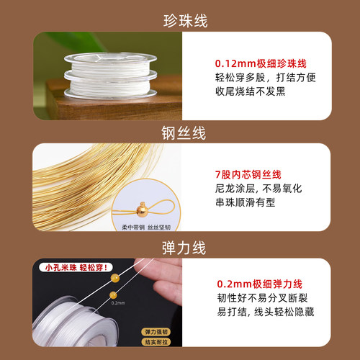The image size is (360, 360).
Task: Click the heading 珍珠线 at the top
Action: (180, 20)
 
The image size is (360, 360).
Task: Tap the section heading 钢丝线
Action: (180, 133)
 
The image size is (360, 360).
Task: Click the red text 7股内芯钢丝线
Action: (248, 175)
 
